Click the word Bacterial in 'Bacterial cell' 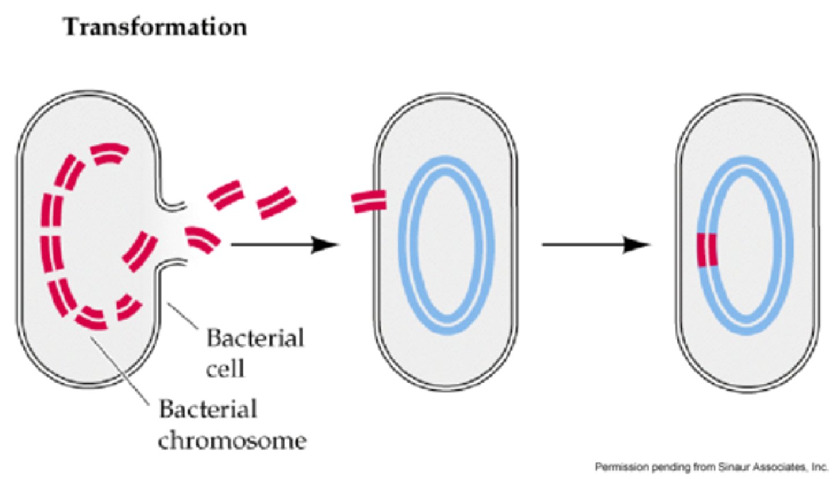click(255, 339)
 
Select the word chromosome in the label click(232, 441)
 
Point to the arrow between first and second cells click(283, 245)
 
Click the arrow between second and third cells click(595, 245)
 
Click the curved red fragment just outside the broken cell click(203, 239)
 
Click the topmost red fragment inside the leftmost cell click(109, 154)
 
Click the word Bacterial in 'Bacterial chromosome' click(207, 410)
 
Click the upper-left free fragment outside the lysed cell click(225, 195)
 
